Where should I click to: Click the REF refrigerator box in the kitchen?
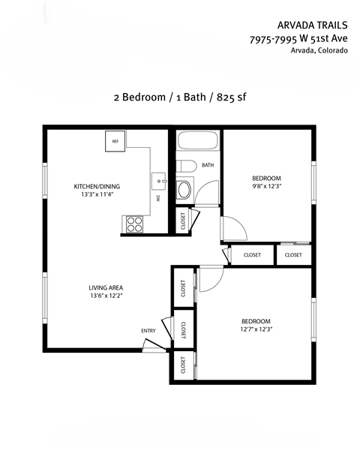pos(115,141)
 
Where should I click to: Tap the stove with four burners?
pos(133,224)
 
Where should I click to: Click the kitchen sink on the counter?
pos(158,180)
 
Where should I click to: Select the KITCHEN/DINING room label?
pos(96,186)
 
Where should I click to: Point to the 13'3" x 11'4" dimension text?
pos(96,195)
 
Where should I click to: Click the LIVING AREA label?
pos(106,287)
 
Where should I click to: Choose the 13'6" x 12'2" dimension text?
pos(106,296)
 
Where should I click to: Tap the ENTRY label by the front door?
pos(148,330)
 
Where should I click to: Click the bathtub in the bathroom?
pos(197,142)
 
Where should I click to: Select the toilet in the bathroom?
pos(187,165)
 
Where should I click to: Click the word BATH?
pos(208,165)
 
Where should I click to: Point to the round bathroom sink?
pos(184,189)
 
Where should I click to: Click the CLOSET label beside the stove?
pos(181,220)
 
